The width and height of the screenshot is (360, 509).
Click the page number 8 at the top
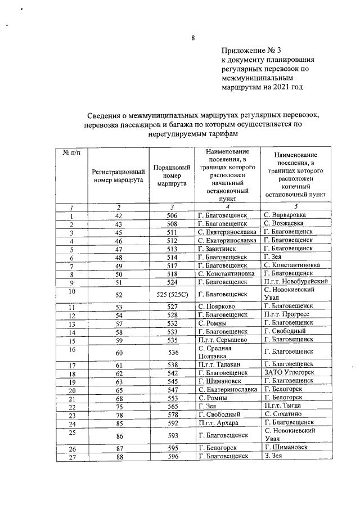192,38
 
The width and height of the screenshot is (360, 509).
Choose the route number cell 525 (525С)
172,294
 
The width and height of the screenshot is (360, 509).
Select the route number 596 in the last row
172,456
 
